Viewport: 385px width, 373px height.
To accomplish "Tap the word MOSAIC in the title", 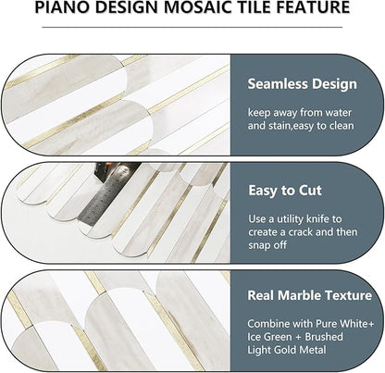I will click(200, 10).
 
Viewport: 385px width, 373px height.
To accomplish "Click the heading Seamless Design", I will click(302, 84).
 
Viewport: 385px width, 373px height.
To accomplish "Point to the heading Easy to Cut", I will click(286, 191).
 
